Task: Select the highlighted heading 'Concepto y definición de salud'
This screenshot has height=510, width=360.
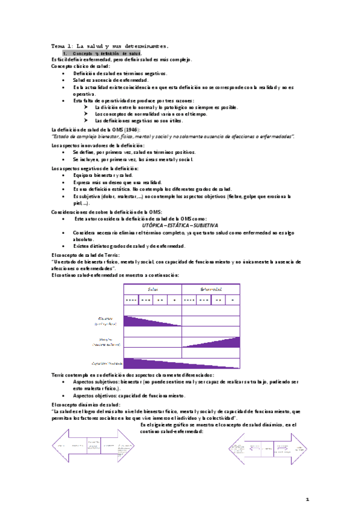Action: (106, 54)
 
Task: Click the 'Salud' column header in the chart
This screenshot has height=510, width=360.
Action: (145, 289)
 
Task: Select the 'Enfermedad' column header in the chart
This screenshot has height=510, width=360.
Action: (210, 289)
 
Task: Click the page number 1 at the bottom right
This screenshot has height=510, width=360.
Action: (307, 499)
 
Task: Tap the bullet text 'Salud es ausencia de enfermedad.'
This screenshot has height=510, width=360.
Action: (110, 80)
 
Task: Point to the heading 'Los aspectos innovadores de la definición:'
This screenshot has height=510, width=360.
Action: (97, 146)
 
